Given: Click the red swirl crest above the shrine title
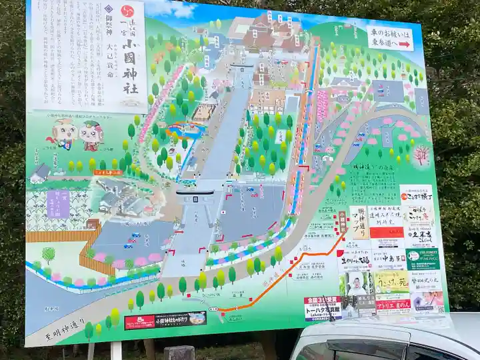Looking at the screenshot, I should pyautogui.click(x=131, y=9).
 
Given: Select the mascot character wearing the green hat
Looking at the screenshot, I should pyautogui.click(x=91, y=135).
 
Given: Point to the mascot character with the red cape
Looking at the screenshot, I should pyautogui.click(x=63, y=134).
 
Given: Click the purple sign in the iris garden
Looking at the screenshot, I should pyautogui.click(x=59, y=203).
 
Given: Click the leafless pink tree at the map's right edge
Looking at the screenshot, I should pyautogui.click(x=421, y=155).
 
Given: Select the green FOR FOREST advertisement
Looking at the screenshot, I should pyautogui.click(x=423, y=259).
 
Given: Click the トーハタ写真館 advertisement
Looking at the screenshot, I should pyautogui.click(x=323, y=307).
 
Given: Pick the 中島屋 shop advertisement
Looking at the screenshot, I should pyautogui.click(x=388, y=257).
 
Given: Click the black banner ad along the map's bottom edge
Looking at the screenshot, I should pyautogui.click(x=165, y=321).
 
